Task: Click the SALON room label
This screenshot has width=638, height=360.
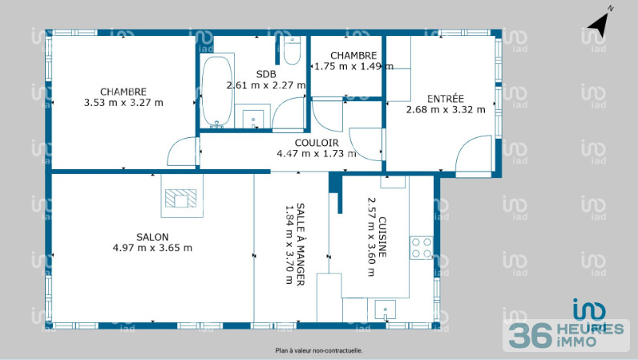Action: [x=152, y=237]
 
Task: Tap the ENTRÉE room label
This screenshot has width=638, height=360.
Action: [x=445, y=99]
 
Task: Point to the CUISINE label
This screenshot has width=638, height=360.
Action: [x=383, y=237]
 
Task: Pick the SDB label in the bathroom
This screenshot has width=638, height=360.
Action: [x=266, y=74]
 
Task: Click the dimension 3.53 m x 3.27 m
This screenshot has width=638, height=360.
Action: [x=123, y=103]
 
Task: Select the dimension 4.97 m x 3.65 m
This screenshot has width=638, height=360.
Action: [x=152, y=248]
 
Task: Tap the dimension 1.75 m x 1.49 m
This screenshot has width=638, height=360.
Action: [x=353, y=67]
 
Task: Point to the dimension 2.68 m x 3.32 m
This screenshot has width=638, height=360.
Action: [x=446, y=110]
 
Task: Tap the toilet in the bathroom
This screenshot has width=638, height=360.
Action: [x=291, y=52]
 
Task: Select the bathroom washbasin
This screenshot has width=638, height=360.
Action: [x=256, y=119]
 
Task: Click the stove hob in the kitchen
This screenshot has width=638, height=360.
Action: [x=422, y=248]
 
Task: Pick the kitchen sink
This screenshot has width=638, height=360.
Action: [x=386, y=309]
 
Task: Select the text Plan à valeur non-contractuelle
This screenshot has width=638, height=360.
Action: [x=318, y=350]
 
